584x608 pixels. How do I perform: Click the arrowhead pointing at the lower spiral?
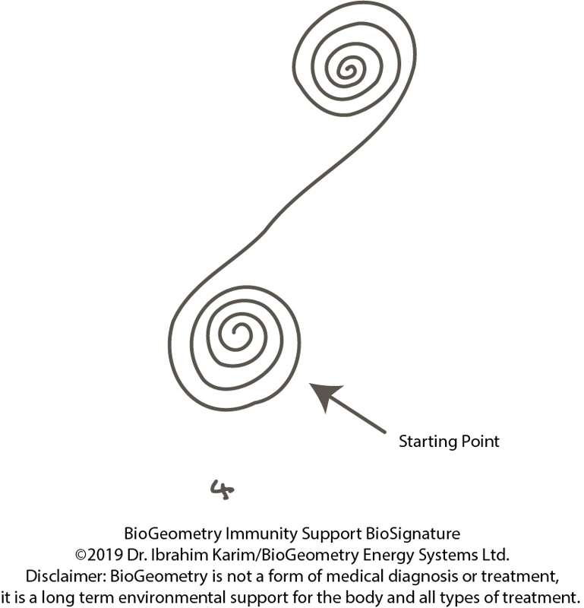click(325, 394)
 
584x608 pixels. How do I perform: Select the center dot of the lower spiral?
click(234, 332)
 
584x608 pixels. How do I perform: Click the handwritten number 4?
click(222, 489)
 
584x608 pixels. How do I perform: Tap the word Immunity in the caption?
click(261, 534)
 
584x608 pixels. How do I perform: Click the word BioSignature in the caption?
click(413, 534)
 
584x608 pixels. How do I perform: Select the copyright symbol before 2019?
click(80, 556)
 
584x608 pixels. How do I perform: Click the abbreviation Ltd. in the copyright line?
click(495, 556)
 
